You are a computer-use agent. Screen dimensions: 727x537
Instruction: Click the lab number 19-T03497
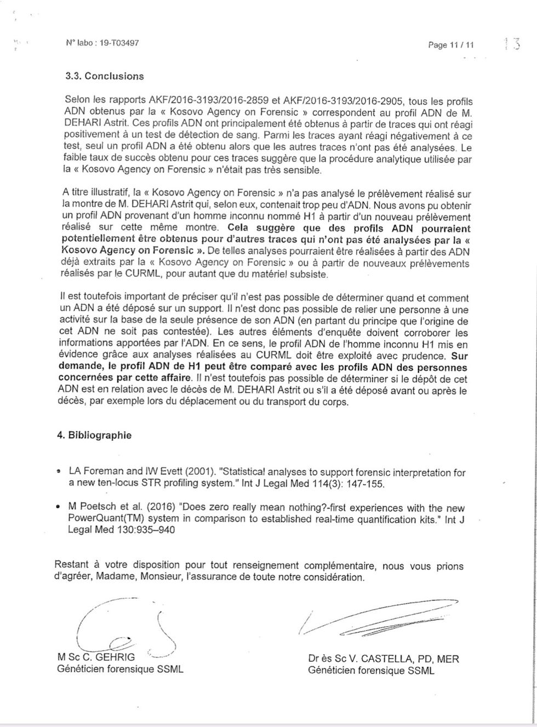[119, 43]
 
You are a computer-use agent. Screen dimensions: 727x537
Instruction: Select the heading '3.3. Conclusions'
[104, 76]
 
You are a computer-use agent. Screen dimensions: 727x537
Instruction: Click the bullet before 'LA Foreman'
[59, 472]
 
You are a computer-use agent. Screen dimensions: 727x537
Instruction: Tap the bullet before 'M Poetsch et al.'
[59, 508]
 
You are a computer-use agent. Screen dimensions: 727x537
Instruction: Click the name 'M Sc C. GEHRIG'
[96, 657]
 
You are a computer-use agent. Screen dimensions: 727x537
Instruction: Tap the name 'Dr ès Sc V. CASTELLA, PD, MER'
[384, 659]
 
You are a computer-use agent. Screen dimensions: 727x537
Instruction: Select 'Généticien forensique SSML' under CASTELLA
[371, 671]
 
